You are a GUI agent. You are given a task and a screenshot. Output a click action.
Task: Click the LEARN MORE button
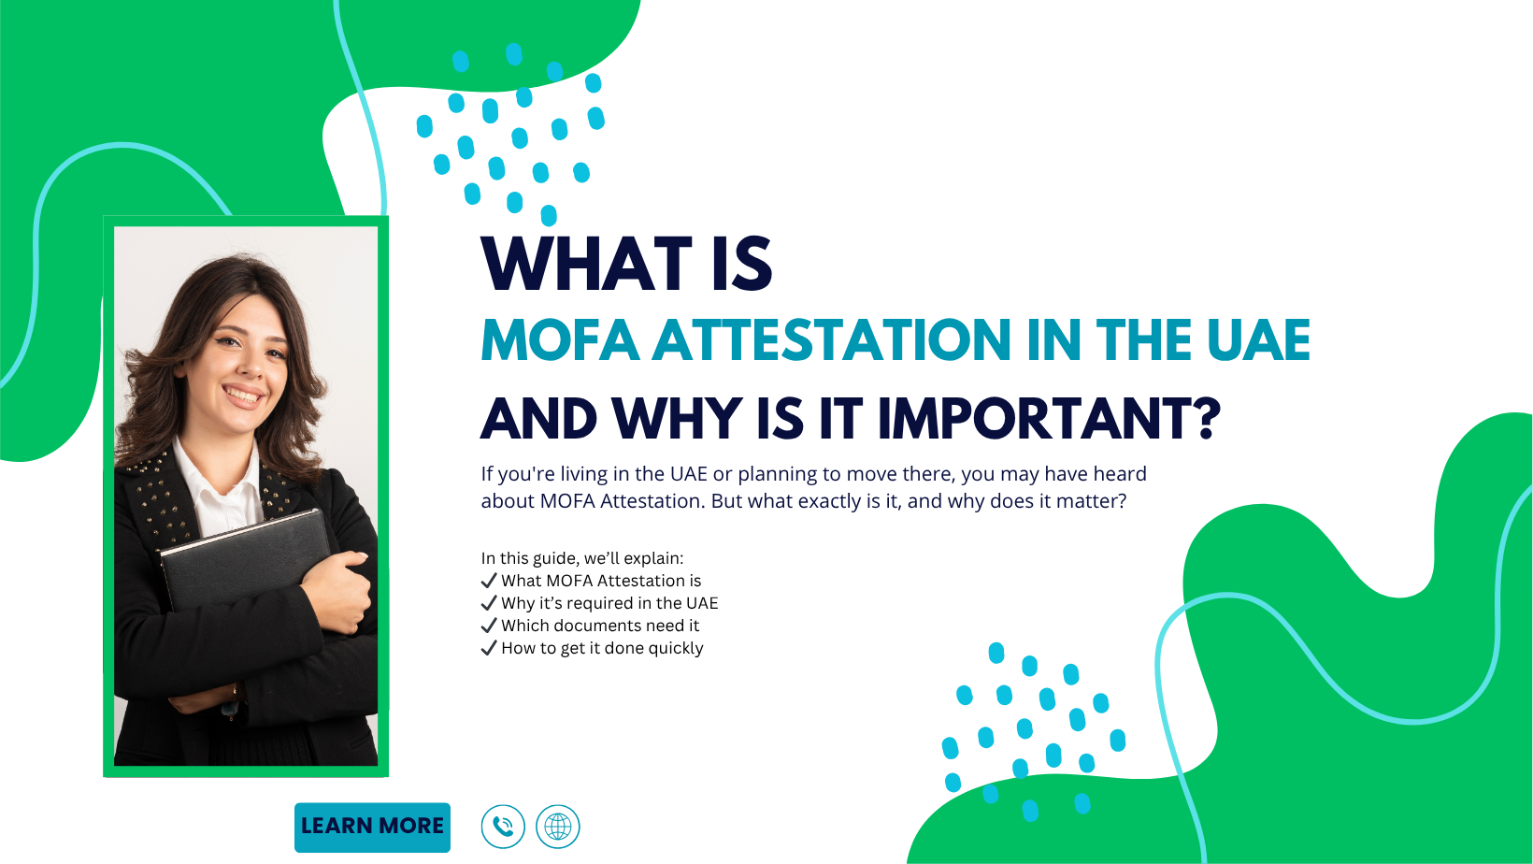click(x=372, y=827)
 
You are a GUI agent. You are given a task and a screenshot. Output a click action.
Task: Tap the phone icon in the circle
click(x=503, y=827)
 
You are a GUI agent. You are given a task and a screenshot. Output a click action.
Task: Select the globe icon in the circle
click(x=558, y=827)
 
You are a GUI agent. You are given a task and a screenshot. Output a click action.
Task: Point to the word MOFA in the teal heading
click(x=560, y=339)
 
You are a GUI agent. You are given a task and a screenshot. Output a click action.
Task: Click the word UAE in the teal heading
click(x=1258, y=339)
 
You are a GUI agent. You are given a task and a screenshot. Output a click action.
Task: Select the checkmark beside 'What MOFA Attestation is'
click(x=489, y=581)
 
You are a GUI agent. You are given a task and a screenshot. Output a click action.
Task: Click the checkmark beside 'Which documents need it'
click(x=489, y=625)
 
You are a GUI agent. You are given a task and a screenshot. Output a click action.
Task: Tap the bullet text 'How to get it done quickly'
click(x=602, y=648)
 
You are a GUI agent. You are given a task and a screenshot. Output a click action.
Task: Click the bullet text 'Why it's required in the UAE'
click(x=609, y=603)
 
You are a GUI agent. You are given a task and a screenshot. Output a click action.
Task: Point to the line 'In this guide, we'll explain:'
click(x=582, y=558)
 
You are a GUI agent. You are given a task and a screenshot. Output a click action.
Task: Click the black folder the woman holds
click(x=243, y=561)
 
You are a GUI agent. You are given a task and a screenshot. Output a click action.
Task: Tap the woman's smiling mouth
click(x=243, y=396)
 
